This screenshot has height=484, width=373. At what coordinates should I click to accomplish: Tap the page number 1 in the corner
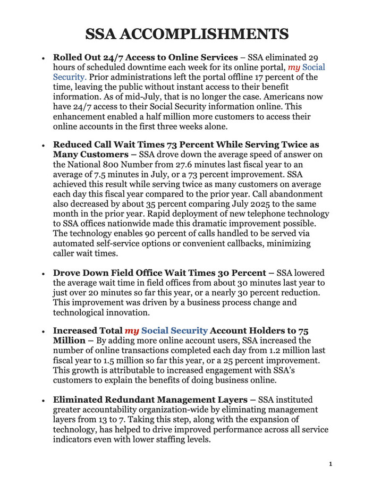coord(330,465)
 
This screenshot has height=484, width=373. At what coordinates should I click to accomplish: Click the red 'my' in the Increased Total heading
coord(131,330)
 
